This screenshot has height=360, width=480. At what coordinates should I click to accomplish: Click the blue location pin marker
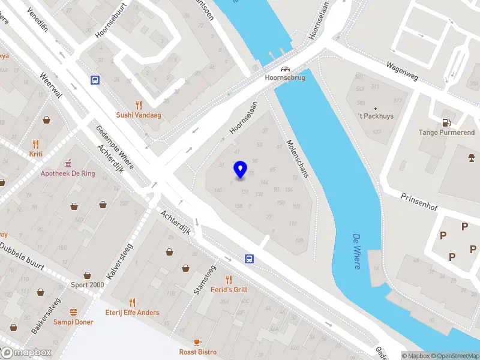point(241,170)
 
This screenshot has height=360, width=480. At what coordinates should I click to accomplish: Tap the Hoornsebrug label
point(285,78)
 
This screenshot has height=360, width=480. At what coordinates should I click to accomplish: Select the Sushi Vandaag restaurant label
point(139,115)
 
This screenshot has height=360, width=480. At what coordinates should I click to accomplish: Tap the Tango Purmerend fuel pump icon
point(446,122)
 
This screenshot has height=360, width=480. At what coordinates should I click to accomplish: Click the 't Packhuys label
point(376,116)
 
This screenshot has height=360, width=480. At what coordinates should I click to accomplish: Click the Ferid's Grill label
point(229,289)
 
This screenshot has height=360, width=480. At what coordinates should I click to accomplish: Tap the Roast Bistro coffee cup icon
point(198,341)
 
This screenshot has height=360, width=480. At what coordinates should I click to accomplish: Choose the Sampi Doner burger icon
point(73,312)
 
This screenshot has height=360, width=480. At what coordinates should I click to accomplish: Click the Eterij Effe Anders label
point(133,313)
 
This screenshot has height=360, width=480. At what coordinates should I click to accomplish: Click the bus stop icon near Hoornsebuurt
point(95,80)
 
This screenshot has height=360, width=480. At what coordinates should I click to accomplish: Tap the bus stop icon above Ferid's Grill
point(248,259)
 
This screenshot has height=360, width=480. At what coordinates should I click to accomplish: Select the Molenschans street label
point(297,158)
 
